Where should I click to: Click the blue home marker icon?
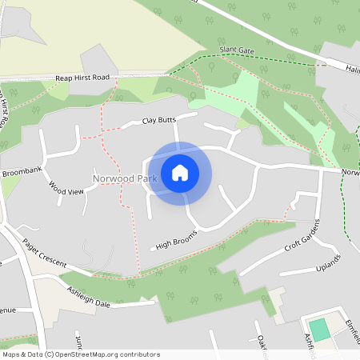click(x=180, y=173)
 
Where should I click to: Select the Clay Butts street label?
click(x=158, y=121)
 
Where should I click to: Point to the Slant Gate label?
click(x=237, y=51)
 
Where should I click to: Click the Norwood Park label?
click(x=124, y=178)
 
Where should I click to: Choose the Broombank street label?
click(x=21, y=172)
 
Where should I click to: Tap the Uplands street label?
click(x=328, y=263)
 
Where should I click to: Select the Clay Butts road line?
click(x=120, y=130)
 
